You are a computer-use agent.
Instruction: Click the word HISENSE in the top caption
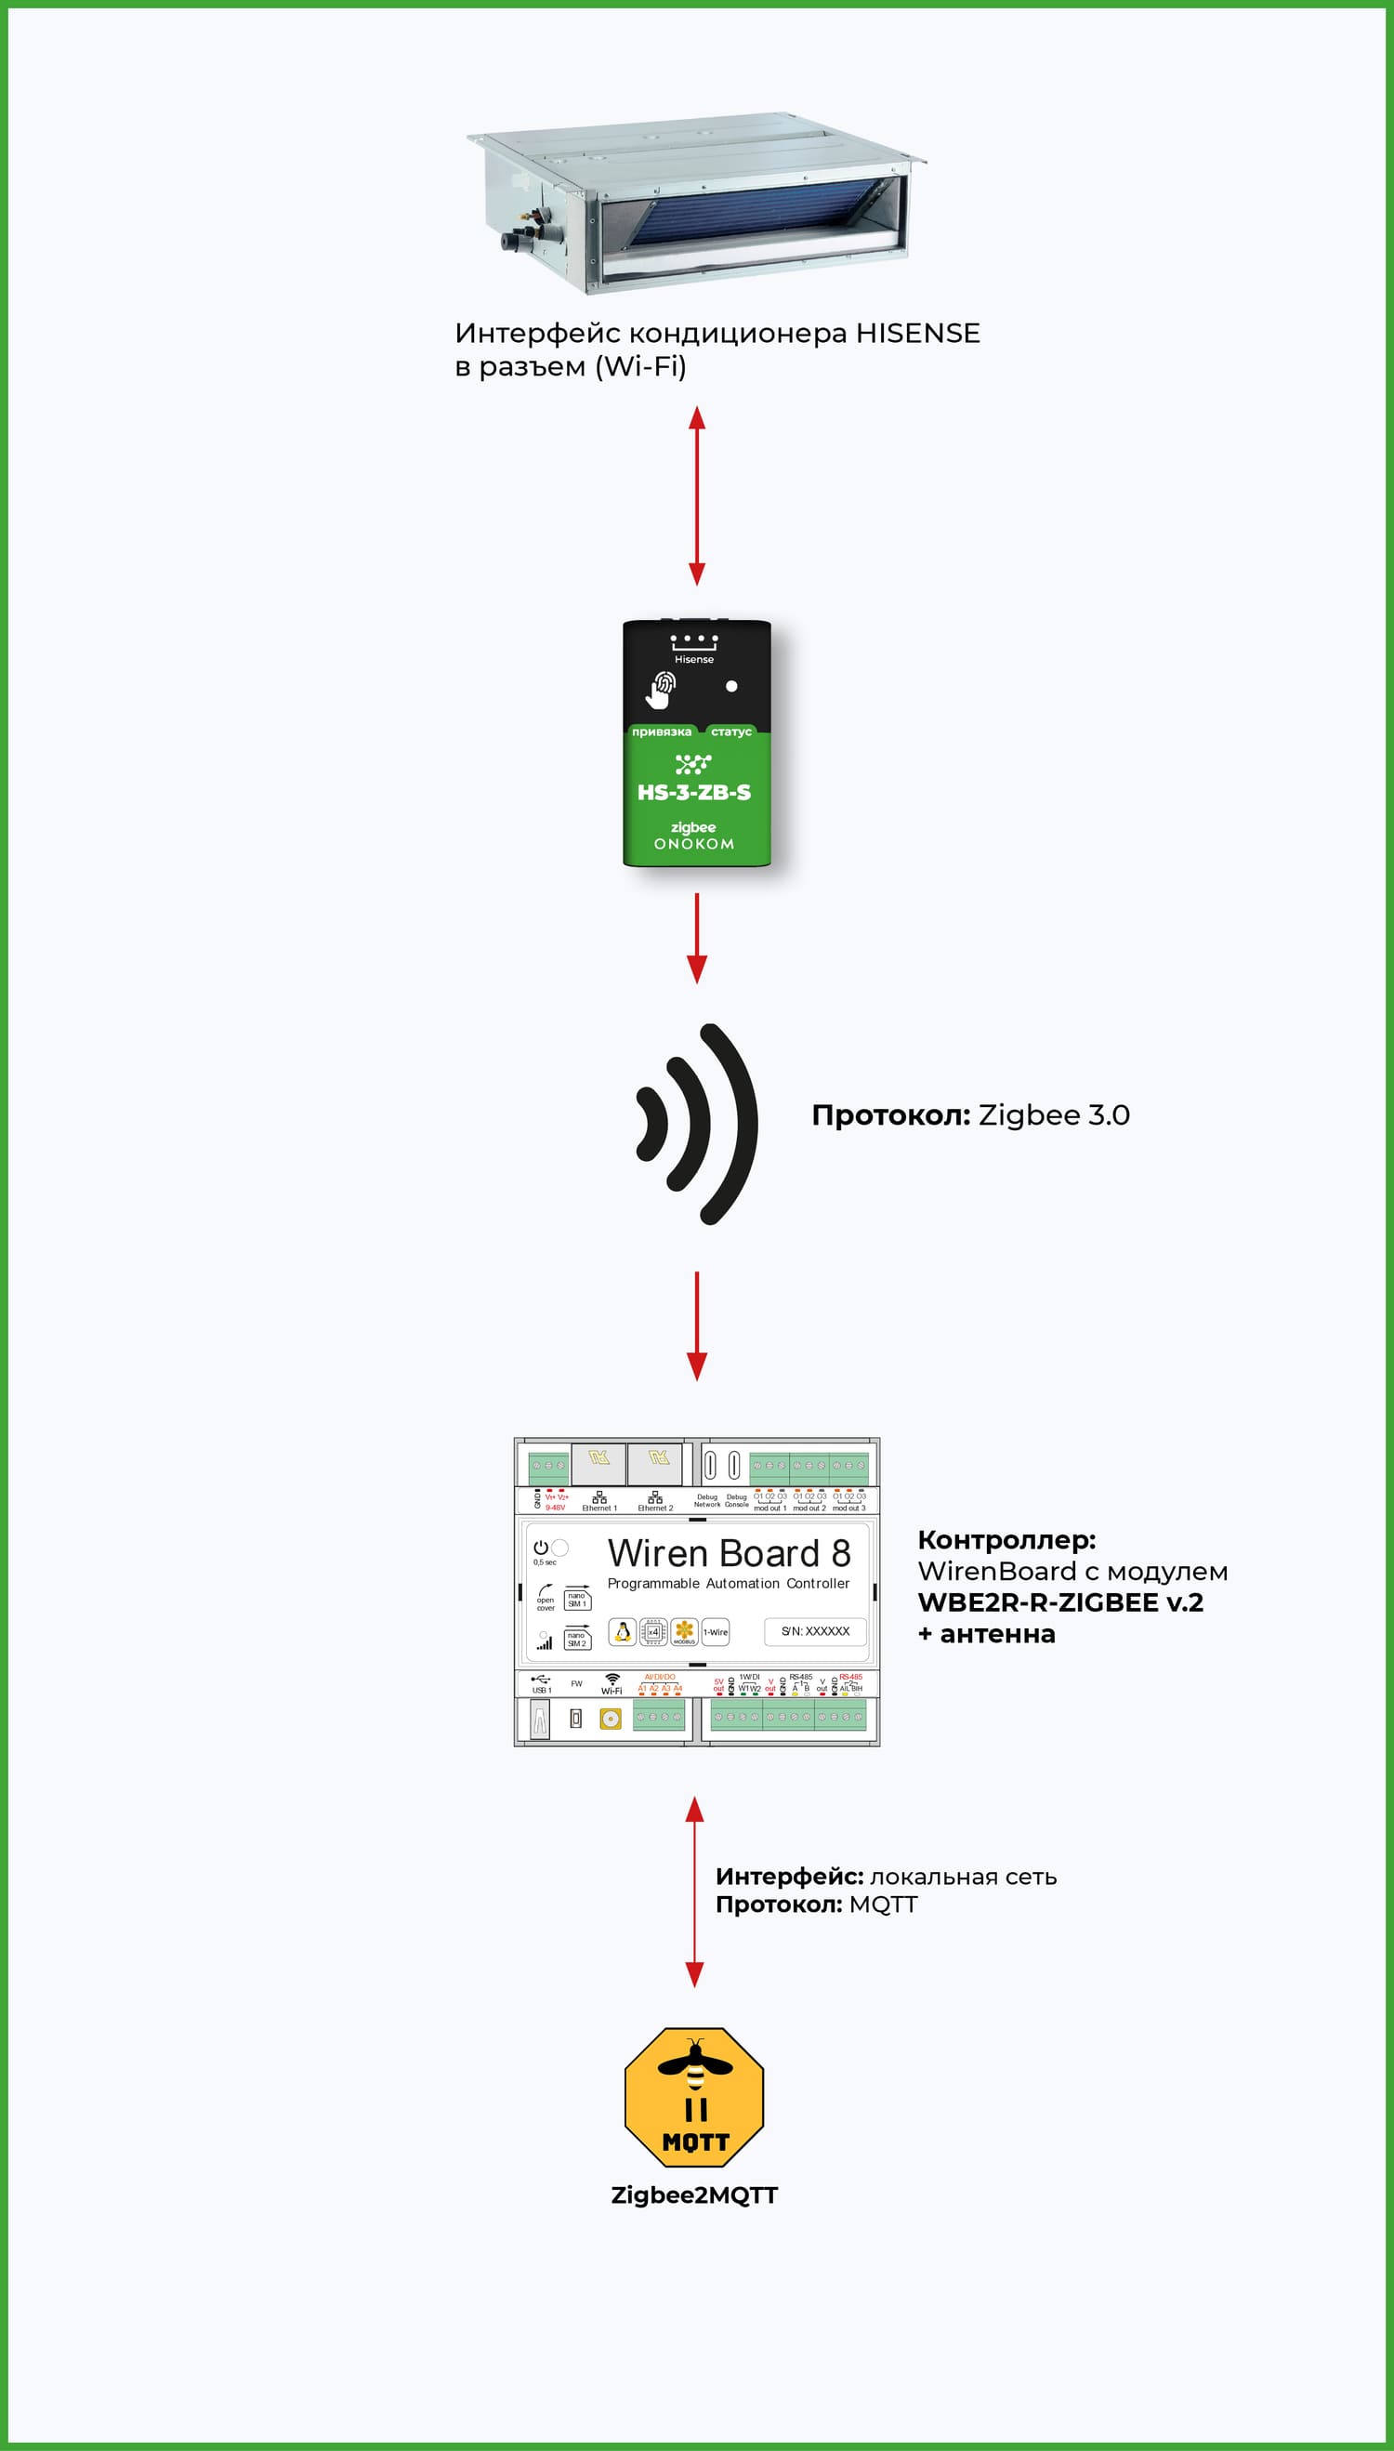tap(917, 333)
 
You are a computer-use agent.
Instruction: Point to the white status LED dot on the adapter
tap(731, 686)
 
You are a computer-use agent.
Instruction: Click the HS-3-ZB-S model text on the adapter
tap(694, 792)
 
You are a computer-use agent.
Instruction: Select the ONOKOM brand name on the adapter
tap(694, 843)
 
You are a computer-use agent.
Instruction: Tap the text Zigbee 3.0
tap(1053, 1115)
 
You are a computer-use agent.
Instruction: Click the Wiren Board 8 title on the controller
tap(729, 1553)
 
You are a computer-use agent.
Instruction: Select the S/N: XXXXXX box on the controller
tap(815, 1631)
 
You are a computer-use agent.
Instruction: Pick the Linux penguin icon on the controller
tap(623, 1632)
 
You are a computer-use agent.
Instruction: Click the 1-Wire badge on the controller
tap(716, 1632)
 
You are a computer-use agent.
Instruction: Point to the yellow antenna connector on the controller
tap(610, 1719)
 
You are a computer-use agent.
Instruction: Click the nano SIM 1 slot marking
tap(576, 1599)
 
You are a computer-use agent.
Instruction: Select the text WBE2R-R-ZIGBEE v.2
tap(1059, 1602)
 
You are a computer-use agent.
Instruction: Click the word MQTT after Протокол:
tap(883, 1904)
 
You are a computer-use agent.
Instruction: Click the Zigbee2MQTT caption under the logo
tap(694, 2195)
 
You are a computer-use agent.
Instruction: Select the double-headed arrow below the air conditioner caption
tap(697, 495)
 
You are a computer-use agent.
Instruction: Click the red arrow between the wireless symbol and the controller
tap(697, 1325)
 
